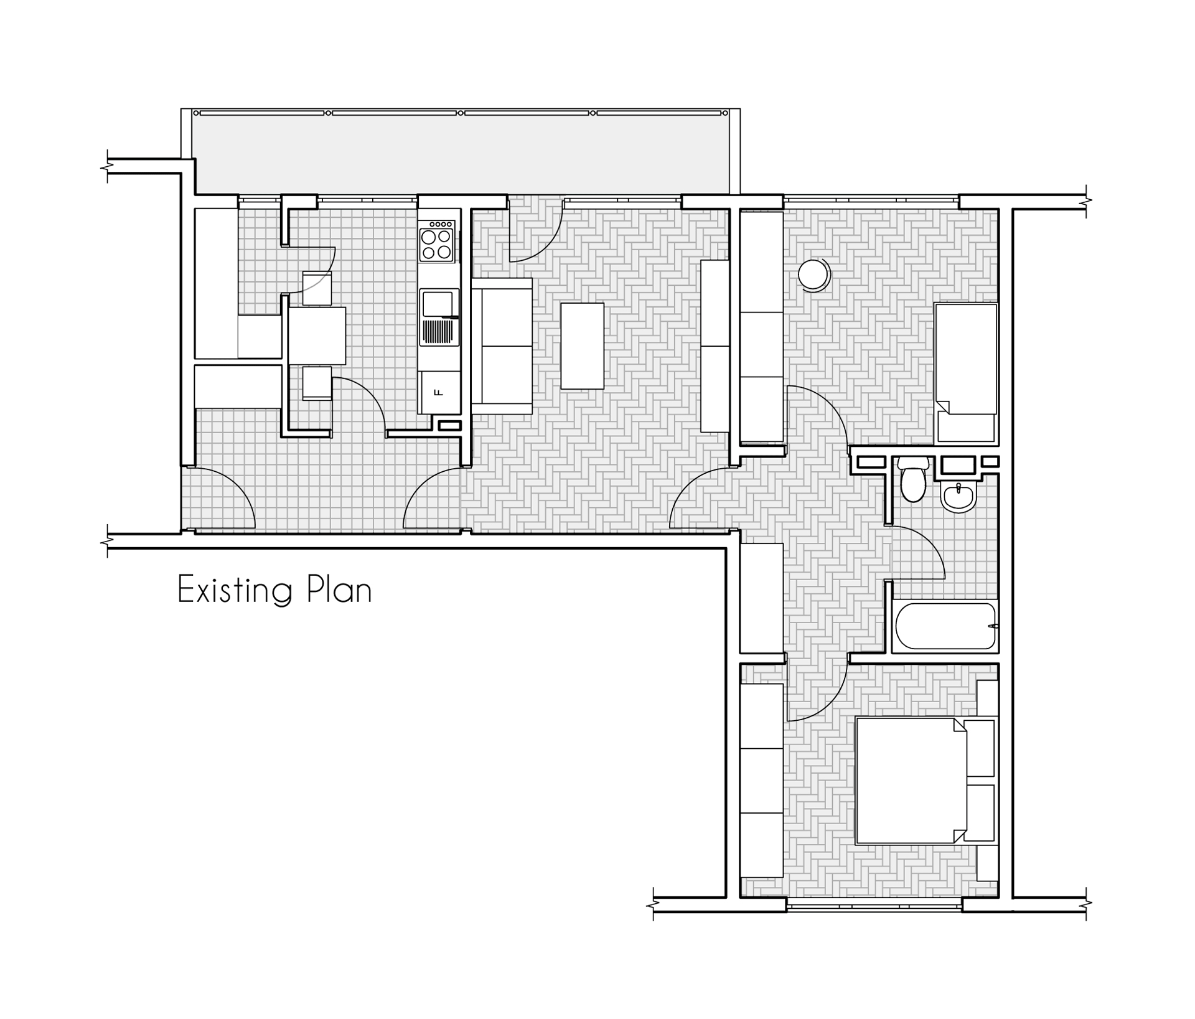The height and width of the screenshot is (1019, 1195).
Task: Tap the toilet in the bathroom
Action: (914, 479)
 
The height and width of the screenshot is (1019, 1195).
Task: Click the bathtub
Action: (945, 626)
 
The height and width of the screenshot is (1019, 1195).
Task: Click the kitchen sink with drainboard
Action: (439, 317)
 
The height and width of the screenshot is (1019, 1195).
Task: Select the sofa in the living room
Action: (502, 346)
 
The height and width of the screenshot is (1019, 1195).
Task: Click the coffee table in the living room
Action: (583, 346)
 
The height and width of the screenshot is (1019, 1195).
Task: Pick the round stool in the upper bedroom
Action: (814, 275)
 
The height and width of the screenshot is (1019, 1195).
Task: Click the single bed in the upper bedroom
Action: (966, 373)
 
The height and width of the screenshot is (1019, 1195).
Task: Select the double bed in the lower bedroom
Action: (926, 781)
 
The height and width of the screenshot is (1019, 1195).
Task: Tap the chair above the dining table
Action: (317, 288)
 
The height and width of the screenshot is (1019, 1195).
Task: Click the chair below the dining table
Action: (317, 383)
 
